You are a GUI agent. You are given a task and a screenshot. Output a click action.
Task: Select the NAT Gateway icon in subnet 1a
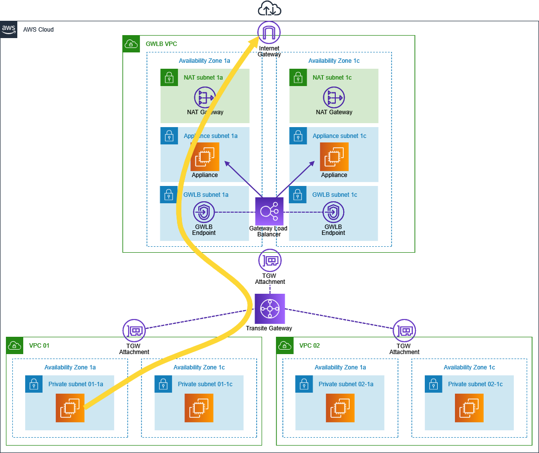click(x=204, y=97)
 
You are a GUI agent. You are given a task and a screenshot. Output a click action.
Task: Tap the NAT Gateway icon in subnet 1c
click(x=334, y=97)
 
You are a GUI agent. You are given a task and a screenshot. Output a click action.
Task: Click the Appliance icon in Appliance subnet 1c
click(x=334, y=157)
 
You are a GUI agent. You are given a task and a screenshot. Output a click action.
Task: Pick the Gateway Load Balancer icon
click(x=269, y=212)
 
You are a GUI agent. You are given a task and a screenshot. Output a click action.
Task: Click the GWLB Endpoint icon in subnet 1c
click(x=334, y=213)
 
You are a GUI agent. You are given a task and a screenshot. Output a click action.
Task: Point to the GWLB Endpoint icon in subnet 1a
click(x=204, y=213)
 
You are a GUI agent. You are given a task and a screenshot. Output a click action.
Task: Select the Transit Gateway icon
click(x=270, y=309)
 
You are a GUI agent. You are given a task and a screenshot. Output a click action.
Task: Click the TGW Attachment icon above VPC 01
click(x=135, y=330)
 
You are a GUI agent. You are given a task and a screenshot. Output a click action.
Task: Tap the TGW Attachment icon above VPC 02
click(x=404, y=330)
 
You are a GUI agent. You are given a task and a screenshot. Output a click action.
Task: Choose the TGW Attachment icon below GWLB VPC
click(x=270, y=260)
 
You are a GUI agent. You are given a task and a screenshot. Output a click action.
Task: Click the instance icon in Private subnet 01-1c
click(x=199, y=408)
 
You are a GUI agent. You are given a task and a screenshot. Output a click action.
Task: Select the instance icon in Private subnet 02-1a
click(x=340, y=408)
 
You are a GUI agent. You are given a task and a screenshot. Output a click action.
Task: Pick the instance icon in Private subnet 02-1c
click(x=469, y=408)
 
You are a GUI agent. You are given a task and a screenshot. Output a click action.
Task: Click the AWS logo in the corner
click(x=9, y=29)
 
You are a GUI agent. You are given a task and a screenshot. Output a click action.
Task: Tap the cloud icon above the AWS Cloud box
click(x=269, y=9)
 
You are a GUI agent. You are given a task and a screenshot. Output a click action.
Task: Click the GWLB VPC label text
click(x=161, y=44)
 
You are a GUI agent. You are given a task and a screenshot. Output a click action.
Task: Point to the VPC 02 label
click(x=310, y=346)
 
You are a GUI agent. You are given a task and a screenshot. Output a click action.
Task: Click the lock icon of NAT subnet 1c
click(x=298, y=77)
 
